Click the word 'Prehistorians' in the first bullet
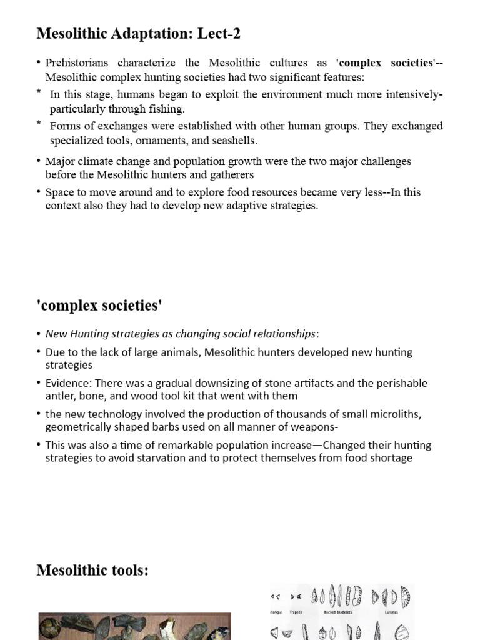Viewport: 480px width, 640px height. click(x=77, y=63)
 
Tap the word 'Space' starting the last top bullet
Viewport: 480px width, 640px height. click(x=59, y=192)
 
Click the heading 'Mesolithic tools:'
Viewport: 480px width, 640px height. click(x=92, y=570)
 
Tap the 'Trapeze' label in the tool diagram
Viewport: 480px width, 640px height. click(x=296, y=612)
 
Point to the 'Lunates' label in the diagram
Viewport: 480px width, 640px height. click(x=391, y=612)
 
